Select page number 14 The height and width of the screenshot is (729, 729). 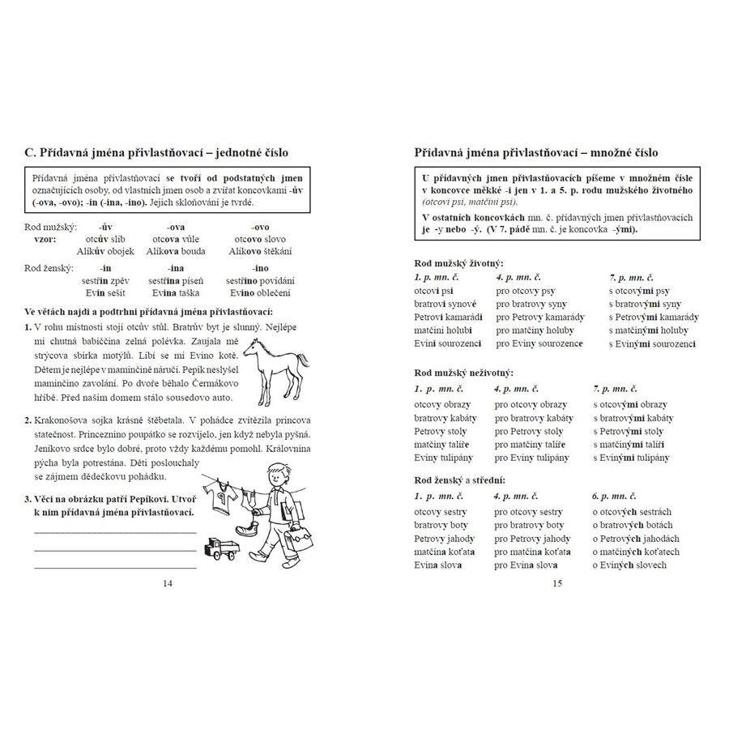point(168,582)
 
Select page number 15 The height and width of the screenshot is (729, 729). point(556,582)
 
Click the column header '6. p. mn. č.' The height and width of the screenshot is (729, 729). point(615,497)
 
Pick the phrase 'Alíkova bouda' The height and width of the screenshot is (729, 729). point(176,251)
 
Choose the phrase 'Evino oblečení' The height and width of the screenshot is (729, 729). point(260,292)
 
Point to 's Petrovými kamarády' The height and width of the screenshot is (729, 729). point(653,317)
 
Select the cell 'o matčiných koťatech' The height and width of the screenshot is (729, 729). point(636,552)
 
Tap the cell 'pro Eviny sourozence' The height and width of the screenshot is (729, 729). point(539,343)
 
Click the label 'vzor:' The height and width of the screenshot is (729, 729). point(45,240)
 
